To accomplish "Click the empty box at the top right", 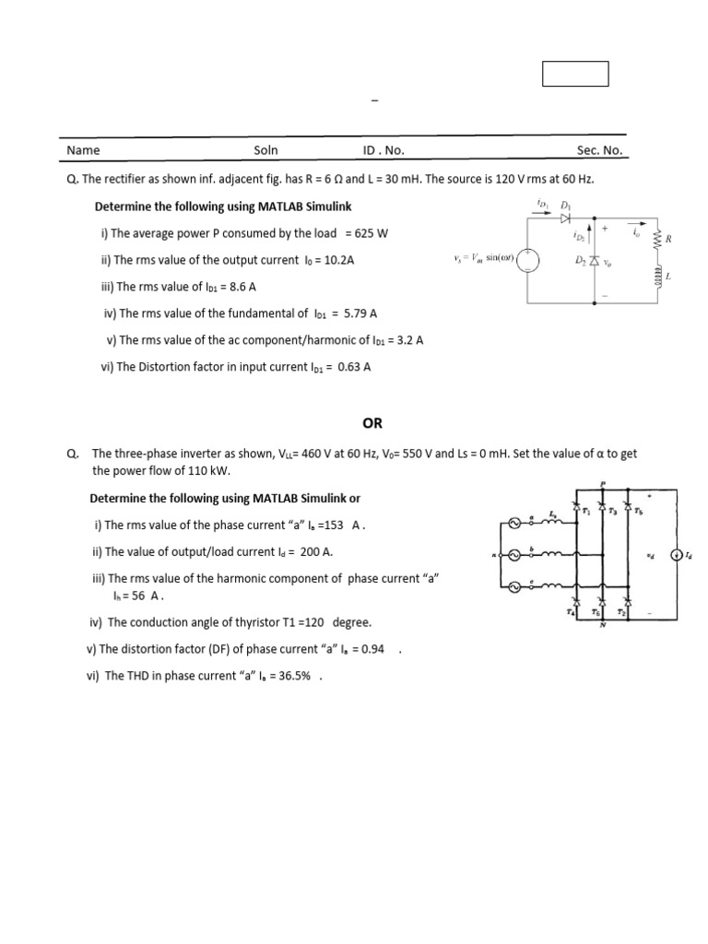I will (575, 74).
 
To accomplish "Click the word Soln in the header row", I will (265, 150).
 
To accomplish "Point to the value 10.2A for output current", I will (337, 260).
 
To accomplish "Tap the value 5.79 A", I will (360, 313).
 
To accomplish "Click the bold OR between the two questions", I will (372, 424).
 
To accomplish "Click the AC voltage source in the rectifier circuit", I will (528, 261).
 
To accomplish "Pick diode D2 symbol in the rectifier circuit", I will (595, 262).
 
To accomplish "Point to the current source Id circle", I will (677, 555).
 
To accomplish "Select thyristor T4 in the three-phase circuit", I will (577, 600).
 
